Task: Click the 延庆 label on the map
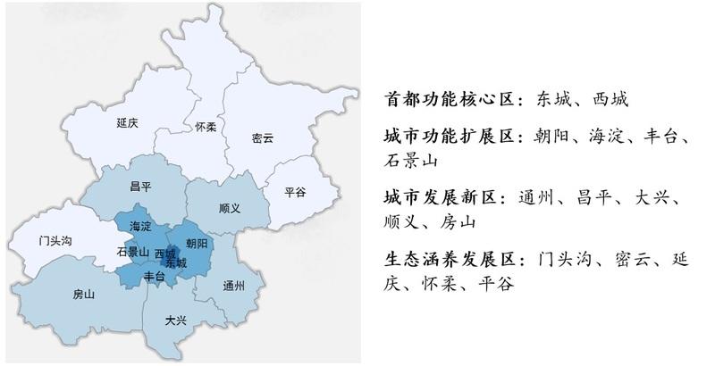point(127,123)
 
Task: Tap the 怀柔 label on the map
point(206,127)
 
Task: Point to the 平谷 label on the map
point(295,192)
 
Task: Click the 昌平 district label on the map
point(139,187)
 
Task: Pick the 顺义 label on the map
point(230,208)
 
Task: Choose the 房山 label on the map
point(83,294)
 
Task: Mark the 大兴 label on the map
point(176,320)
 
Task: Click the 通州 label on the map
point(234,286)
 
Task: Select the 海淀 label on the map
point(140,226)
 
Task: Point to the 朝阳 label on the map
point(197,243)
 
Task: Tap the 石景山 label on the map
point(132,252)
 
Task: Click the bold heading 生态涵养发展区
point(450,259)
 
